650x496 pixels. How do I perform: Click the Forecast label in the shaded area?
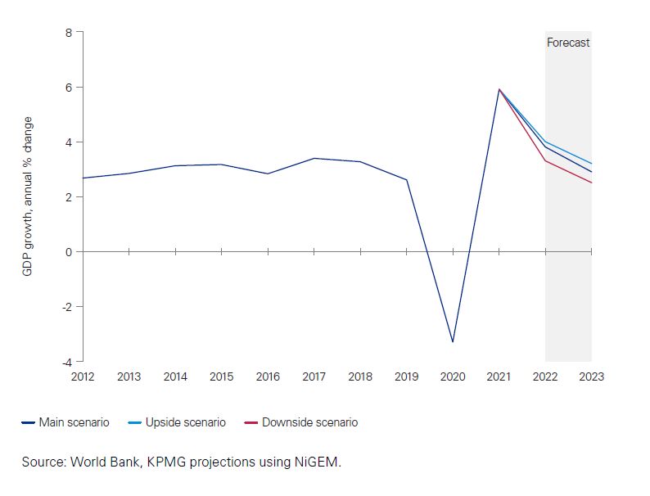[x=568, y=43]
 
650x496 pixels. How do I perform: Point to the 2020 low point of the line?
[x=453, y=342]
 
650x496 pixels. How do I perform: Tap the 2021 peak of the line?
[x=499, y=89]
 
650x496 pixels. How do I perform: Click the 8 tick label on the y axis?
[x=69, y=33]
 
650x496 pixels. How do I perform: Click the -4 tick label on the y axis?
[x=67, y=362]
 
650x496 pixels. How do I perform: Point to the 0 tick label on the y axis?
[x=69, y=252]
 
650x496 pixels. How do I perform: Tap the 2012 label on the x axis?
[x=83, y=377]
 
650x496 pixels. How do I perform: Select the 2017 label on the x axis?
[x=314, y=377]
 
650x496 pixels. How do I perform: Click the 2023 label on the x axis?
[x=592, y=377]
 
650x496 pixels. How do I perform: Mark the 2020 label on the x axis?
[x=453, y=377]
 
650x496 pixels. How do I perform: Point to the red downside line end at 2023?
[x=591, y=183]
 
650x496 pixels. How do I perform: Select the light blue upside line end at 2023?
[x=591, y=164]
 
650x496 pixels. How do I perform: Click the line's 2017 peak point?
[x=314, y=159]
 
